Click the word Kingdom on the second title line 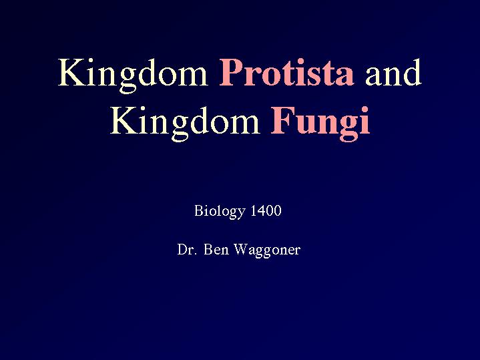pos(185,123)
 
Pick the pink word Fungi pos(320,123)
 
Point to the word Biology pos(220,212)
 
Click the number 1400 pos(266,211)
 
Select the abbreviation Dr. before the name pos(186,249)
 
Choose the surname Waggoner pos(267,250)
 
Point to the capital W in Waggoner pos(240,249)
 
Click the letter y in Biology pos(242,214)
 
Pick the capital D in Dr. pos(182,249)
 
